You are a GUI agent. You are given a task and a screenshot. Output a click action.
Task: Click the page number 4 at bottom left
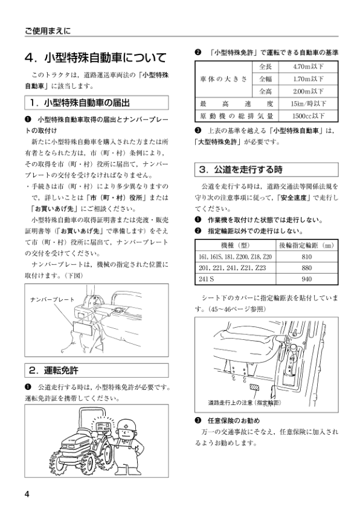(x=27, y=493)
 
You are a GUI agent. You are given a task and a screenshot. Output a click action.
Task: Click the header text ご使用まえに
(x=48, y=30)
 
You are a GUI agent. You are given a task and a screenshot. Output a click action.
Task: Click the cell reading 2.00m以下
(x=307, y=91)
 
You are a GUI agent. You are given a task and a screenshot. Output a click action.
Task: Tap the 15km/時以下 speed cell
(x=307, y=103)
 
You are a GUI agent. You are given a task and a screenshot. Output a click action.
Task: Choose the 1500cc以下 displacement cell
(x=307, y=115)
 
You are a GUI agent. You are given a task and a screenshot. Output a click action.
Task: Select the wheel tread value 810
(x=306, y=256)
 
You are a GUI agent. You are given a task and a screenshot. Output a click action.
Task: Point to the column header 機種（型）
(x=236, y=245)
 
